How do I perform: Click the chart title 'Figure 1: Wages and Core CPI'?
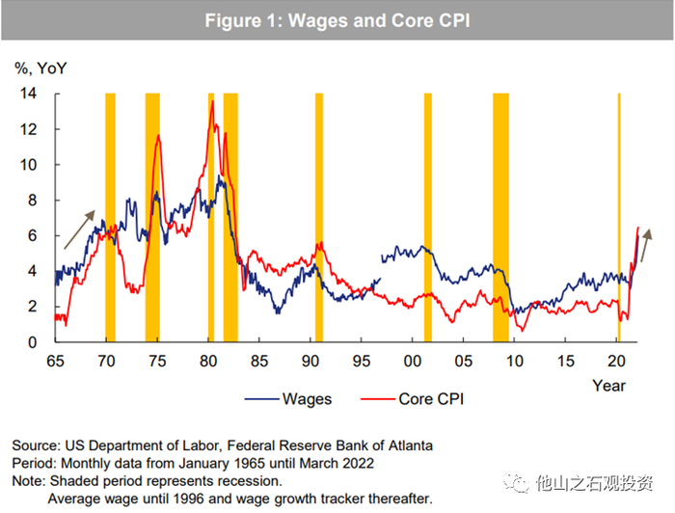(x=337, y=20)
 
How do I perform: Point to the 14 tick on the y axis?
(x=29, y=94)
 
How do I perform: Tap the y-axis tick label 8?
(x=32, y=201)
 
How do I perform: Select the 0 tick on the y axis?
(x=32, y=342)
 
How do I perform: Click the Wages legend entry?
(x=288, y=398)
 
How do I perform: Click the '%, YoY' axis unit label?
(x=40, y=68)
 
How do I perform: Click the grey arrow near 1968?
(x=80, y=229)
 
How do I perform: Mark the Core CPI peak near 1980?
(x=212, y=101)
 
